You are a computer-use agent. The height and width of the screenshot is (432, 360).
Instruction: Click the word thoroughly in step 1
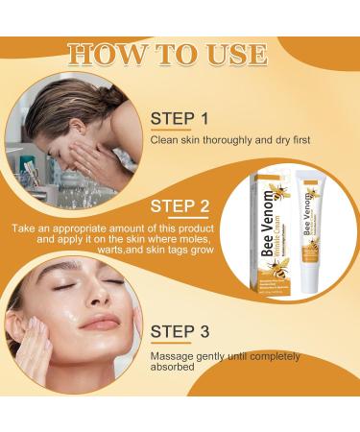click(222, 140)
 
